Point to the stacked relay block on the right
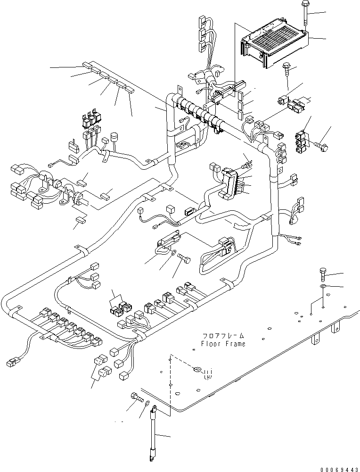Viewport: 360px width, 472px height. point(302,142)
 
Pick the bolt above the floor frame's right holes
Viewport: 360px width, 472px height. point(323,274)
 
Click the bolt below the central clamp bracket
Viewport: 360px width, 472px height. point(184,258)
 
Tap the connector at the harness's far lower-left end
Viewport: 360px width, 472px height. point(11,362)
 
